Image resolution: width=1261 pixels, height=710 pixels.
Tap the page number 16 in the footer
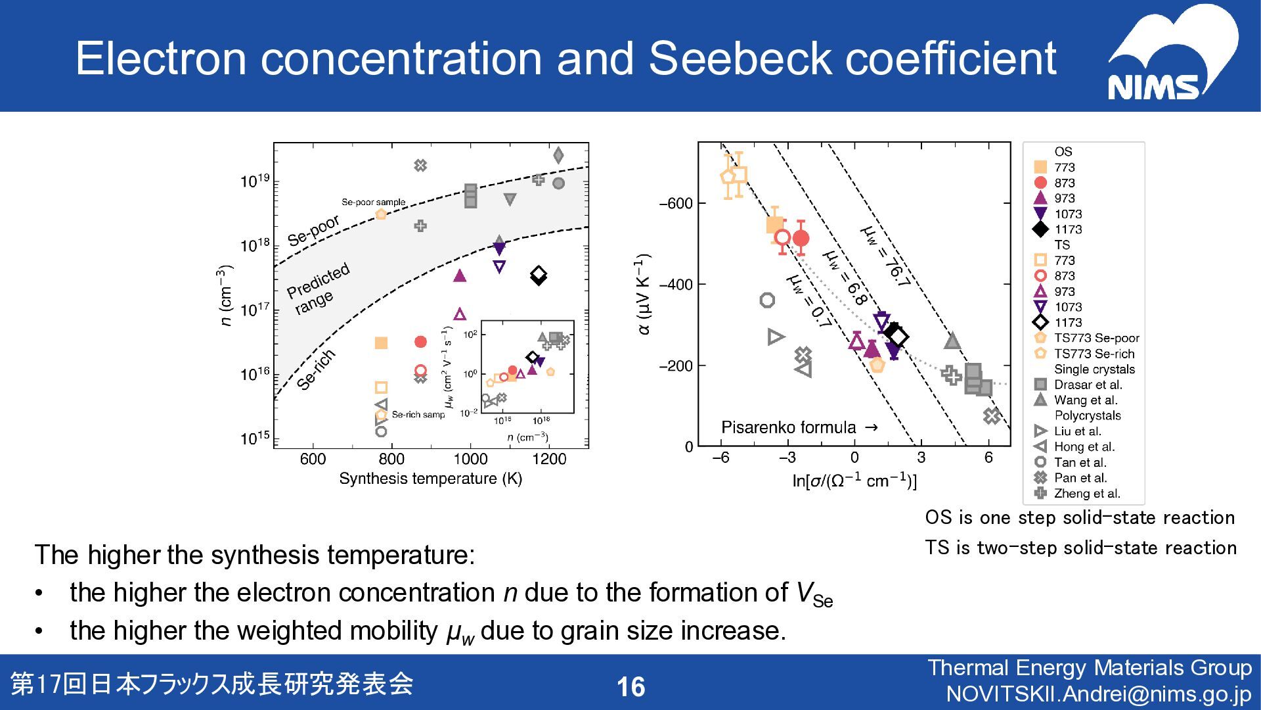(x=630, y=687)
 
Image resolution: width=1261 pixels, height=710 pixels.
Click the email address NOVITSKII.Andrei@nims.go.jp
(x=1099, y=694)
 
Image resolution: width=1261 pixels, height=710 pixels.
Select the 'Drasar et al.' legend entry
(x=1088, y=385)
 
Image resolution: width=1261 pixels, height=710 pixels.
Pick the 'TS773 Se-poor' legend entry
(x=1096, y=338)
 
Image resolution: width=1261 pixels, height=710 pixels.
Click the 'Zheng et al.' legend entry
(x=1086, y=493)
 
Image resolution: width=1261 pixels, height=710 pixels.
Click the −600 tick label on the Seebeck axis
(x=676, y=203)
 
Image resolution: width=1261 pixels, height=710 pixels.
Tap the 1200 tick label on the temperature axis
(x=549, y=459)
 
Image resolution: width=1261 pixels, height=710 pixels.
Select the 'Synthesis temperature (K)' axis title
(x=430, y=479)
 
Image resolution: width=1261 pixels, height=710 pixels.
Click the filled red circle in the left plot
(x=421, y=342)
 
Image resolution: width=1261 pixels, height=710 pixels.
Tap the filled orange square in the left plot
(x=381, y=343)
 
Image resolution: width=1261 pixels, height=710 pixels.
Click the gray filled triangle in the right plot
(x=952, y=341)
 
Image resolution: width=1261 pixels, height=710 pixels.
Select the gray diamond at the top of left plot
(x=558, y=155)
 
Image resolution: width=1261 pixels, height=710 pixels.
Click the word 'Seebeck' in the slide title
(x=741, y=58)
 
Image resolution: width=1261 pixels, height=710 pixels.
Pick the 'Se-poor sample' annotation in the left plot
(x=373, y=202)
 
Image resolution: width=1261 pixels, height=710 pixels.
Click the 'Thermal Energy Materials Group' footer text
(x=1090, y=668)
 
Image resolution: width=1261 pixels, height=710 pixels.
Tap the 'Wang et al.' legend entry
(x=1085, y=400)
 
